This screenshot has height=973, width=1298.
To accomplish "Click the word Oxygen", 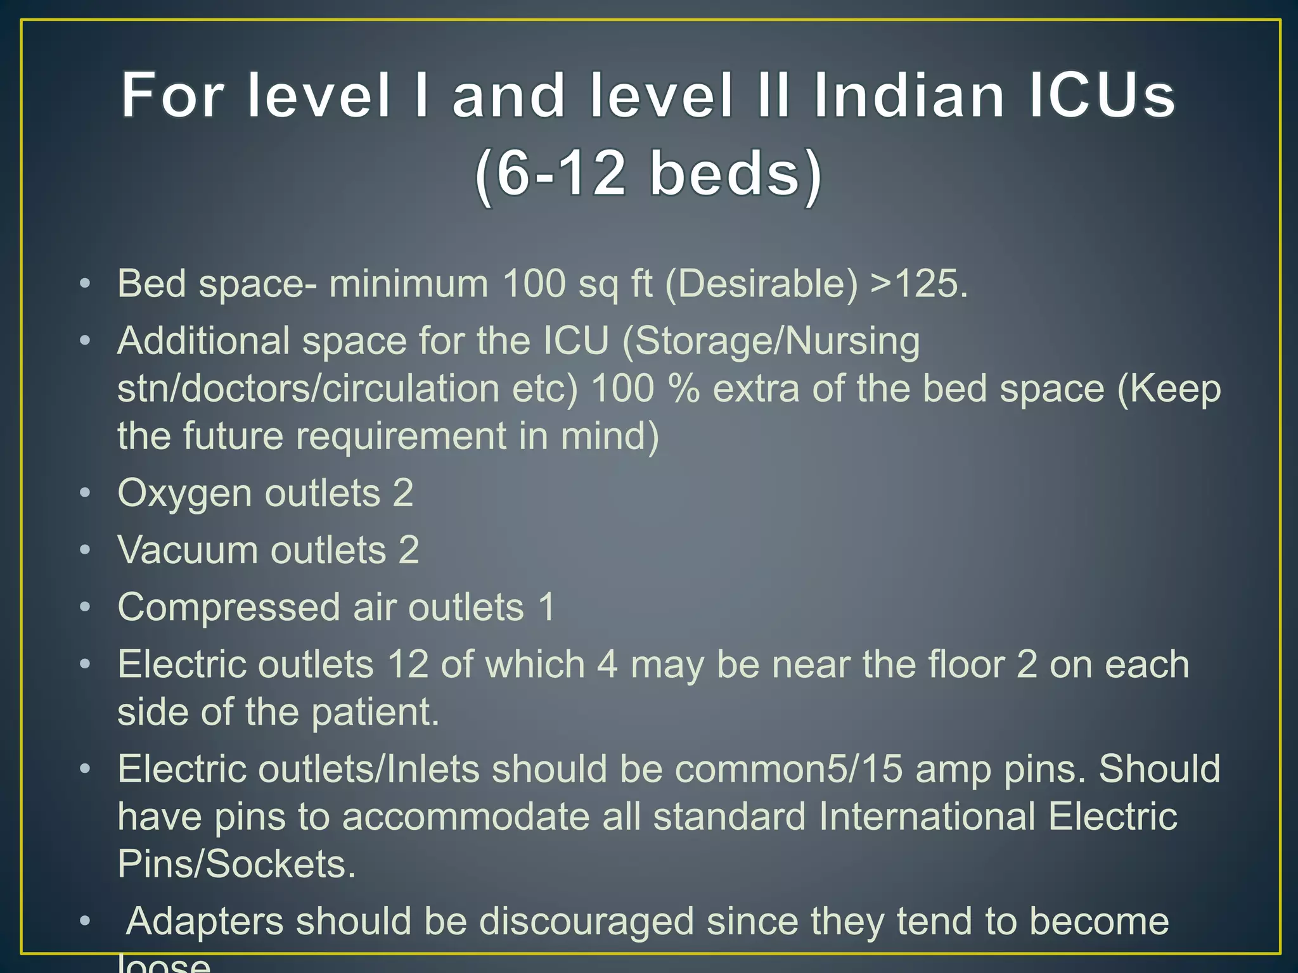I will click(184, 493).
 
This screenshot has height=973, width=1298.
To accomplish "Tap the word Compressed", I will click(229, 607).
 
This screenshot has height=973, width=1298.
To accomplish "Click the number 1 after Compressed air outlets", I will click(546, 607).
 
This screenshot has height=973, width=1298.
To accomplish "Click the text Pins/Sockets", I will click(236, 863).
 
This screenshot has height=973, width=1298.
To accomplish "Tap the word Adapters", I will click(204, 921).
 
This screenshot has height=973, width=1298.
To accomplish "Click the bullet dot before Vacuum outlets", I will click(85, 550).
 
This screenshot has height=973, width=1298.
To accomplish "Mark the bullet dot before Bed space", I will click(85, 284).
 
